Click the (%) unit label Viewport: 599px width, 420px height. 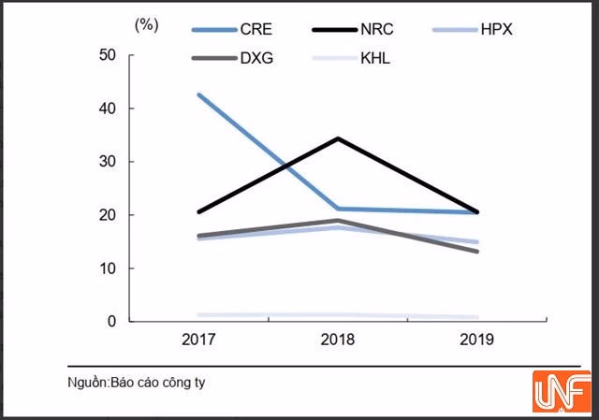[147, 25]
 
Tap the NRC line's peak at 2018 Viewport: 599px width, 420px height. [337, 138]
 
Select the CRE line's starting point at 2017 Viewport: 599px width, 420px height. [198, 94]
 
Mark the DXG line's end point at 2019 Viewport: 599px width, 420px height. [476, 251]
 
